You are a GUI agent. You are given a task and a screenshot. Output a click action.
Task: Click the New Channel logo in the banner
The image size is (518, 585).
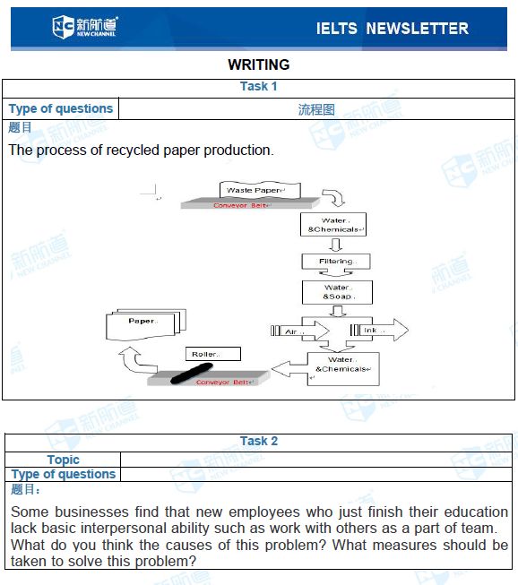pyautogui.click(x=85, y=27)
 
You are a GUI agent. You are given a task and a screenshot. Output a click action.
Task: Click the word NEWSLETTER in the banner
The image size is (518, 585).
pyautogui.click(x=417, y=29)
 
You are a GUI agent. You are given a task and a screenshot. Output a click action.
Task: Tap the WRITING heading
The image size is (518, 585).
pyautogui.click(x=259, y=65)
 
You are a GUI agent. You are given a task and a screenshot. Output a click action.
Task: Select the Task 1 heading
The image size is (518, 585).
pyautogui.click(x=259, y=86)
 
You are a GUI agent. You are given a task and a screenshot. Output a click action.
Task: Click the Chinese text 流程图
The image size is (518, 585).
pyautogui.click(x=316, y=109)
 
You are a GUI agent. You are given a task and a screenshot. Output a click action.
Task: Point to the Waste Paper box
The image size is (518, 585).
pyautogui.click(x=260, y=190)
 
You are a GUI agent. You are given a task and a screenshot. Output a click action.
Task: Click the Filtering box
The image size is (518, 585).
pyautogui.click(x=336, y=262)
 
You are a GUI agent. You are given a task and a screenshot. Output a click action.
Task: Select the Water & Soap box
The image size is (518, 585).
pyautogui.click(x=337, y=292)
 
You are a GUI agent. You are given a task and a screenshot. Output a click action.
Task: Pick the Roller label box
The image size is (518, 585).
pyautogui.click(x=213, y=354)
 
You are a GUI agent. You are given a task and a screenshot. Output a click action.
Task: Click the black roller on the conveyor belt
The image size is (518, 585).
pyautogui.click(x=192, y=374)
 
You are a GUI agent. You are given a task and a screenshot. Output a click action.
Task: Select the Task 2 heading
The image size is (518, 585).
pyautogui.click(x=259, y=441)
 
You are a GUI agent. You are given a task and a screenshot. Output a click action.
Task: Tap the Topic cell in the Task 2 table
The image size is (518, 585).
pyautogui.click(x=63, y=460)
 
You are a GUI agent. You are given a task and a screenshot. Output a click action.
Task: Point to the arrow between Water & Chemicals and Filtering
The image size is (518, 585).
pyautogui.click(x=336, y=245)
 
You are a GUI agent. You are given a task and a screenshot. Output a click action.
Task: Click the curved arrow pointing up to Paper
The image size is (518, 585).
pyautogui.click(x=136, y=361)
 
